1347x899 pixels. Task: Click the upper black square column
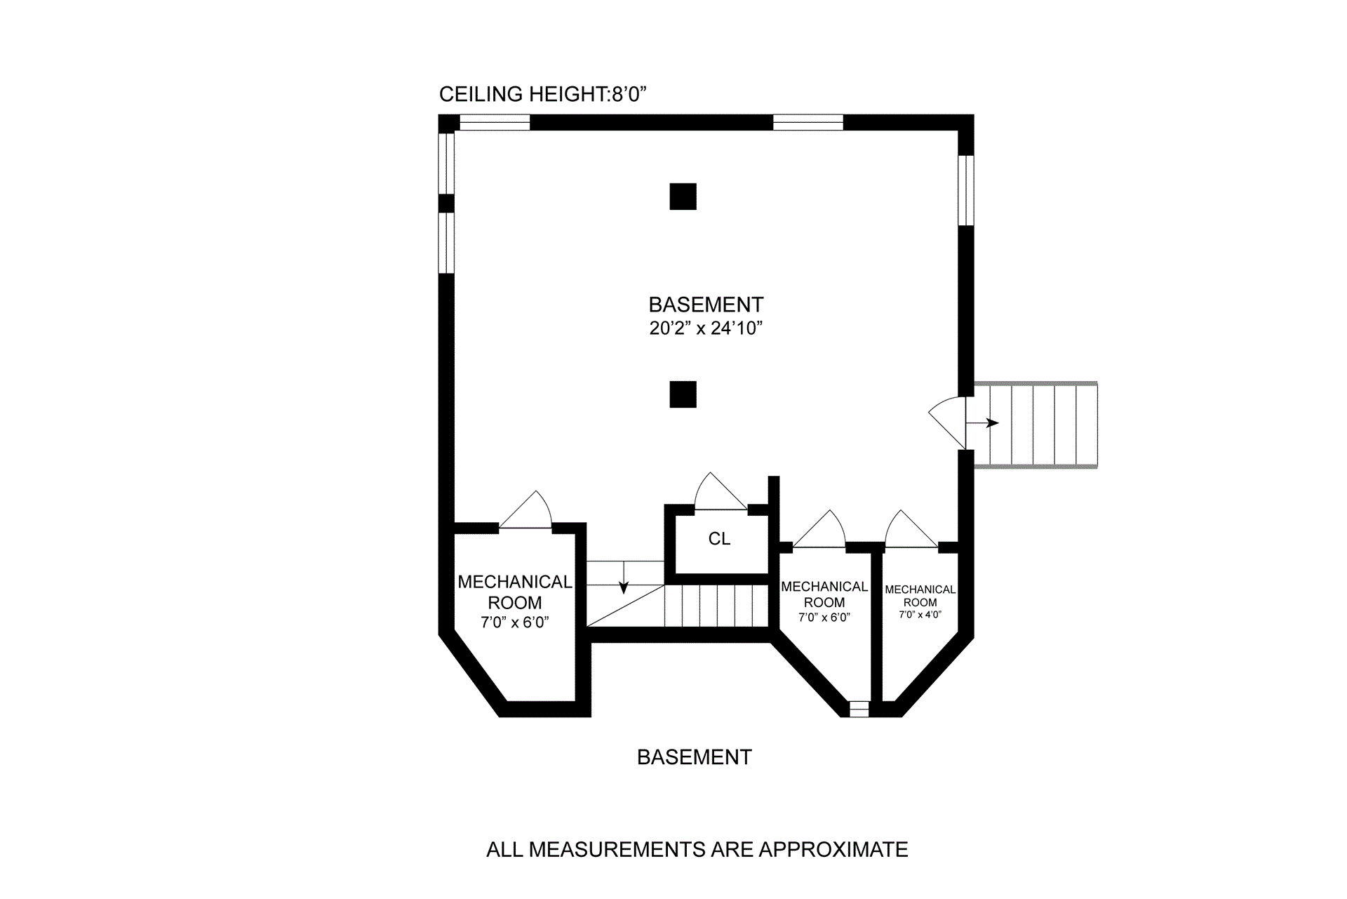683,197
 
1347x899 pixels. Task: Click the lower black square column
683,394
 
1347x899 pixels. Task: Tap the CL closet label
719,538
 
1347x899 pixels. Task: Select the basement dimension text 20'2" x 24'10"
706,328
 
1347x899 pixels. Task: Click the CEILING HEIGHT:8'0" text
542,94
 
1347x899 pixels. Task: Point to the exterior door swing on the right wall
949,421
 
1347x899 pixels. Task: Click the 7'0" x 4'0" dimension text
920,615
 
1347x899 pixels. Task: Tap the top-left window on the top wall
494,123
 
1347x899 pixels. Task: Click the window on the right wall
966,190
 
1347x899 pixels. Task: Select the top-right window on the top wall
807,123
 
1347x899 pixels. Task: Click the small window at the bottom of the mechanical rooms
859,709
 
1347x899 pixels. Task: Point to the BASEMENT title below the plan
694,757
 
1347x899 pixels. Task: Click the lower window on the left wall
446,242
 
